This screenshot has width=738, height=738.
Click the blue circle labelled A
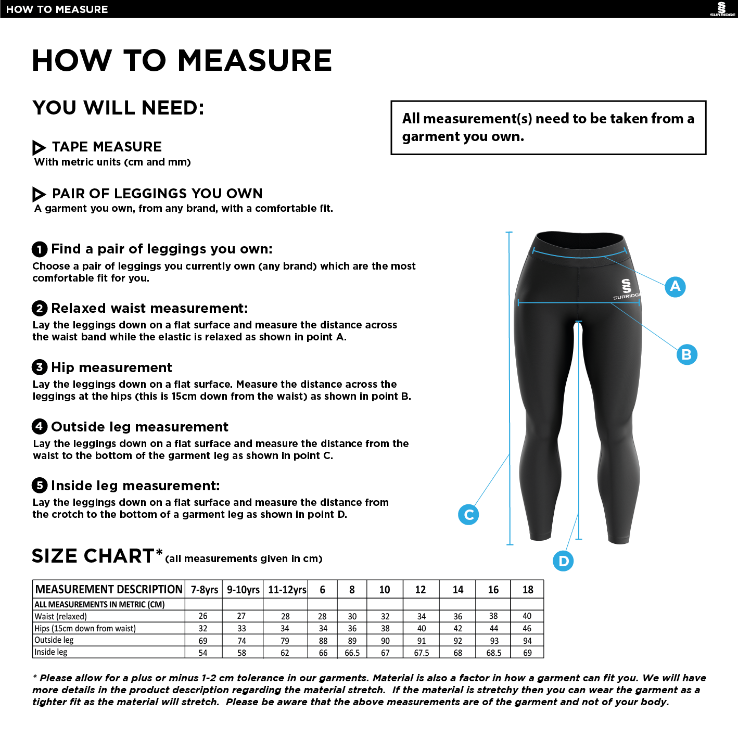pos(675,286)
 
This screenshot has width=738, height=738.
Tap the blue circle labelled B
pos(686,354)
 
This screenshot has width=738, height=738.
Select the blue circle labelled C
pos(468,514)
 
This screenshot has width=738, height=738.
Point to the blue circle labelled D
pos(563,561)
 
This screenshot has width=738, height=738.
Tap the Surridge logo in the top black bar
pos(722,9)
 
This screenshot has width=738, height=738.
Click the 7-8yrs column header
pos(204,590)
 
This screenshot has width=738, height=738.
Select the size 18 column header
pos(527,590)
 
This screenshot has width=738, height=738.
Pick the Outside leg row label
pos(54,640)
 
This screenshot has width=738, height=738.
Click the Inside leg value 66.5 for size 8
pos(352,653)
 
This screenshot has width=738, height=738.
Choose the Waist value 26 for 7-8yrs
pos(203,616)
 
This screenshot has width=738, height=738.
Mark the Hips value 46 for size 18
pos(527,628)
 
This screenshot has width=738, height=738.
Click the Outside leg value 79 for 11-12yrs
pos(285,641)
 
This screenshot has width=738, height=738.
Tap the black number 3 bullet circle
pos(40,367)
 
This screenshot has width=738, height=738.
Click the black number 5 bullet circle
pos(40,485)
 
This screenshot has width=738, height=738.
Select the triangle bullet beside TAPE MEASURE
pos(39,147)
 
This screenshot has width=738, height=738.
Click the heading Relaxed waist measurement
pos(149,308)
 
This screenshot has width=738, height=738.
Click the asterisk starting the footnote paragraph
pos(35,678)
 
